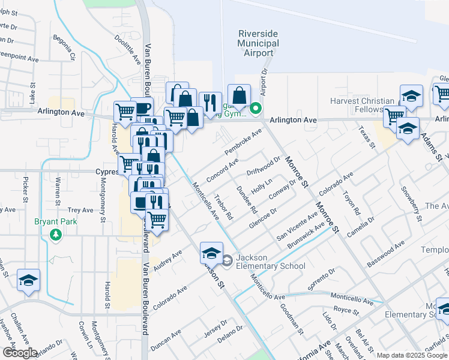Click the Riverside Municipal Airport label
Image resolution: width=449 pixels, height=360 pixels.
click(x=258, y=43)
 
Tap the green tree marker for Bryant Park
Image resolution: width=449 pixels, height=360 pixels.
click(x=57, y=233)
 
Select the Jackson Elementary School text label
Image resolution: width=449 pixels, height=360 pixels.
click(x=270, y=262)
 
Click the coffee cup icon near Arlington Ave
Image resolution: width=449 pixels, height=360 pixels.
click(x=143, y=109)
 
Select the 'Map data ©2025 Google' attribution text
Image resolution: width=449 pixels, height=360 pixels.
click(x=412, y=355)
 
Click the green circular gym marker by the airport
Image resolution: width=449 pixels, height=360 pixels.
click(x=256, y=109)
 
